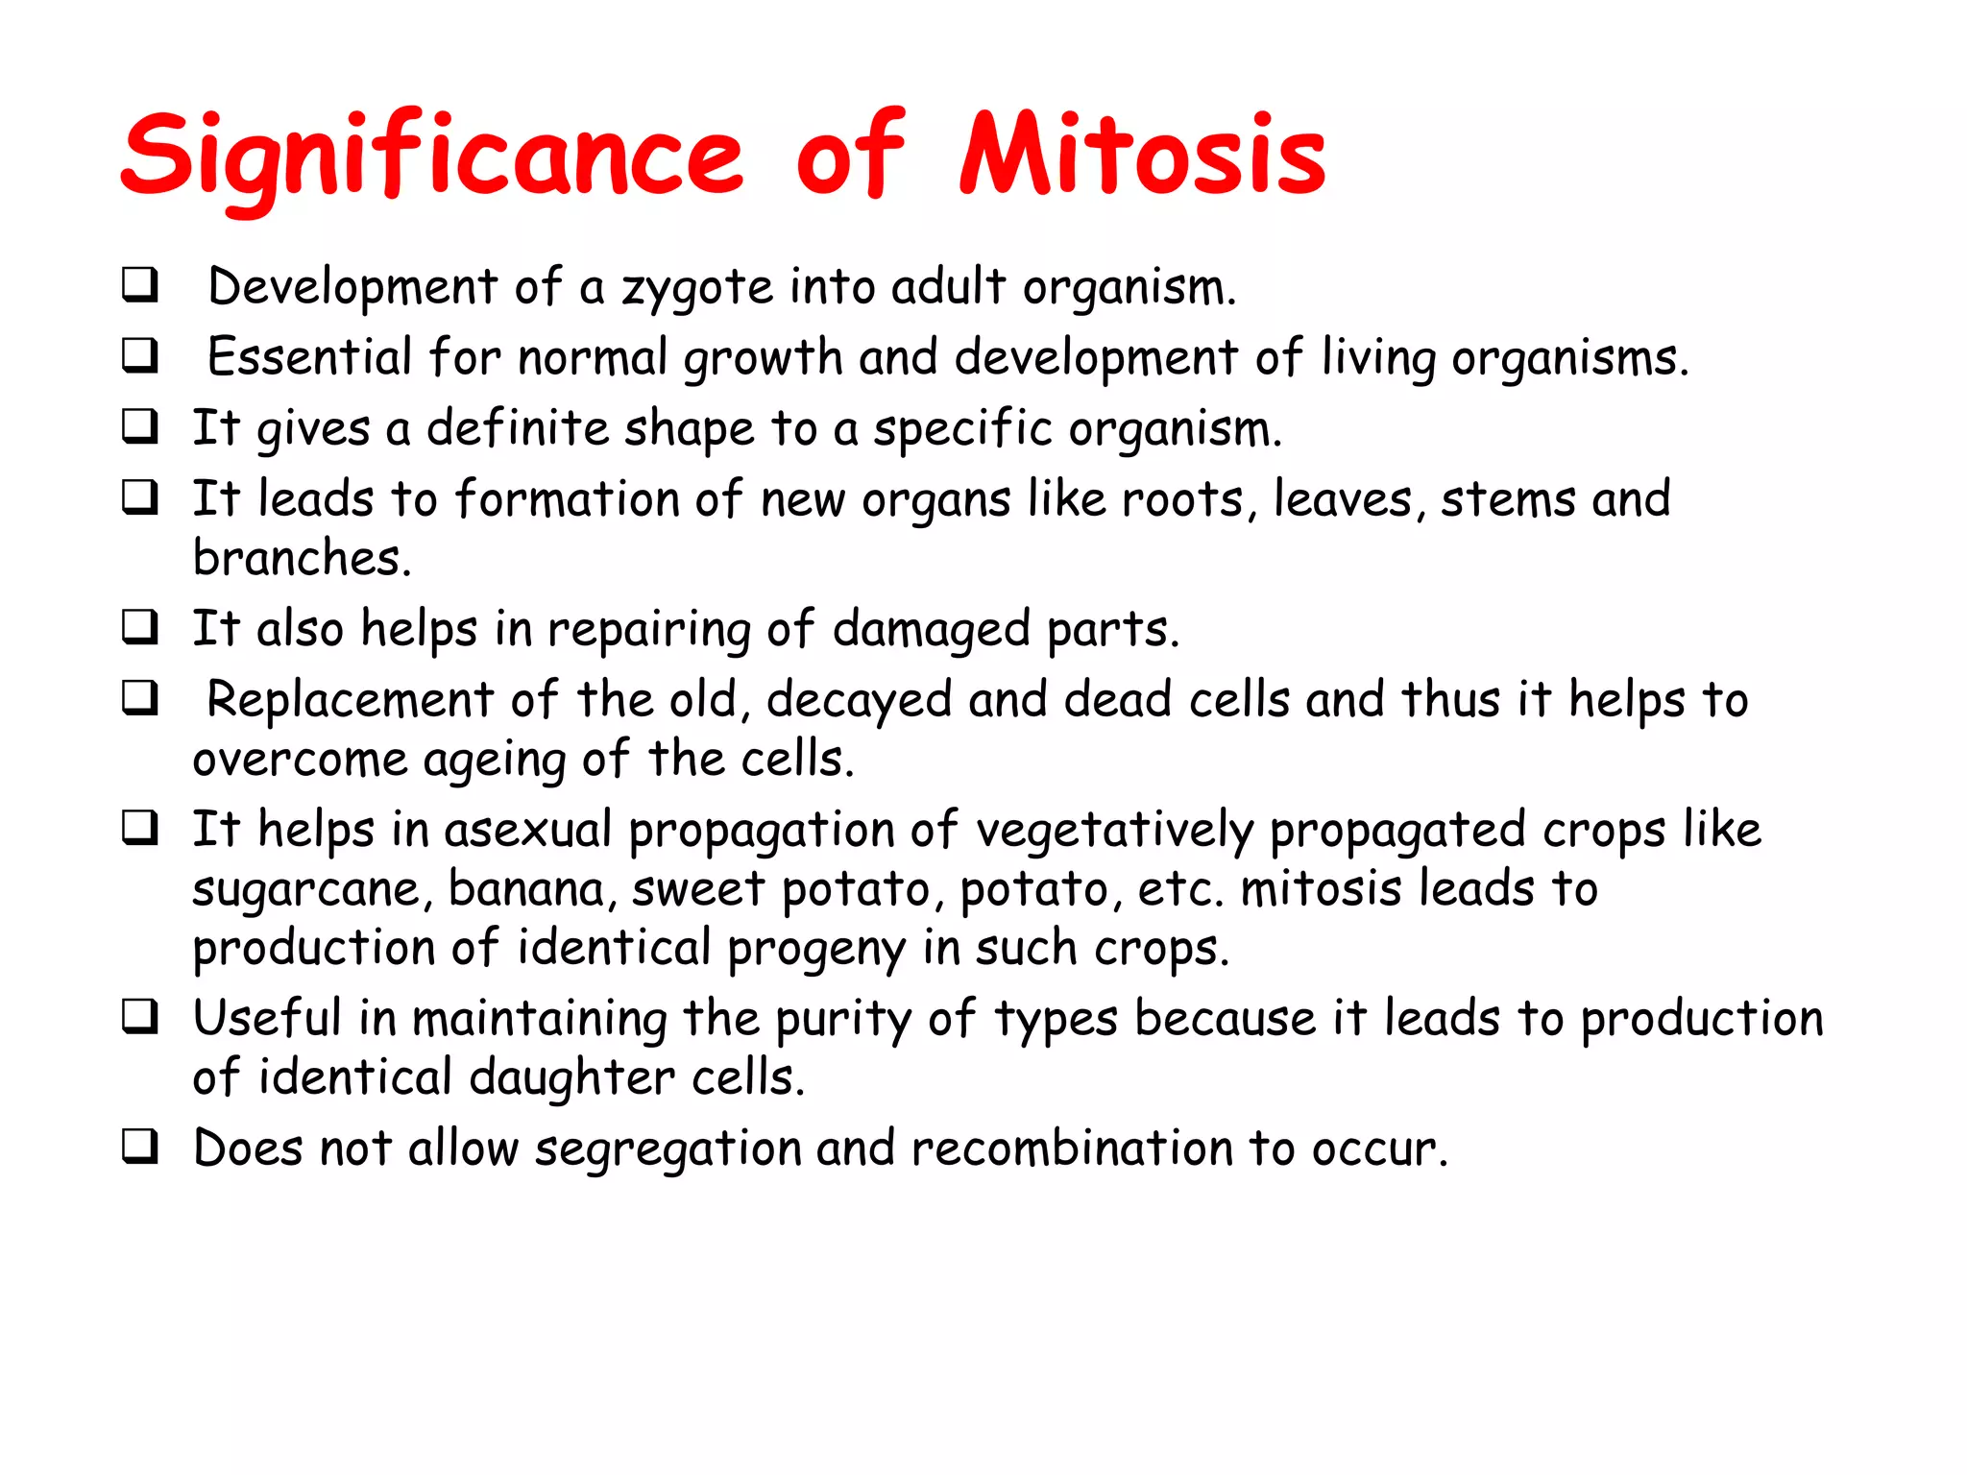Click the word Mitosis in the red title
click(1143, 157)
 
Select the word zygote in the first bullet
click(697, 288)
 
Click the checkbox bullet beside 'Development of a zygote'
click(140, 285)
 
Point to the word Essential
click(309, 357)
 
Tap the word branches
click(302, 559)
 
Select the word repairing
click(648, 631)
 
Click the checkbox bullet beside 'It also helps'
click(140, 627)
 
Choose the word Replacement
click(350, 700)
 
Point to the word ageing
click(494, 762)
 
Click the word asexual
click(527, 830)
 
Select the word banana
click(526, 889)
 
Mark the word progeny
click(816, 950)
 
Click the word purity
click(843, 1020)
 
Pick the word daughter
click(571, 1078)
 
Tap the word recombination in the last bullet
click(1072, 1149)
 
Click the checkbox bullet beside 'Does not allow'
click(140, 1147)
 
